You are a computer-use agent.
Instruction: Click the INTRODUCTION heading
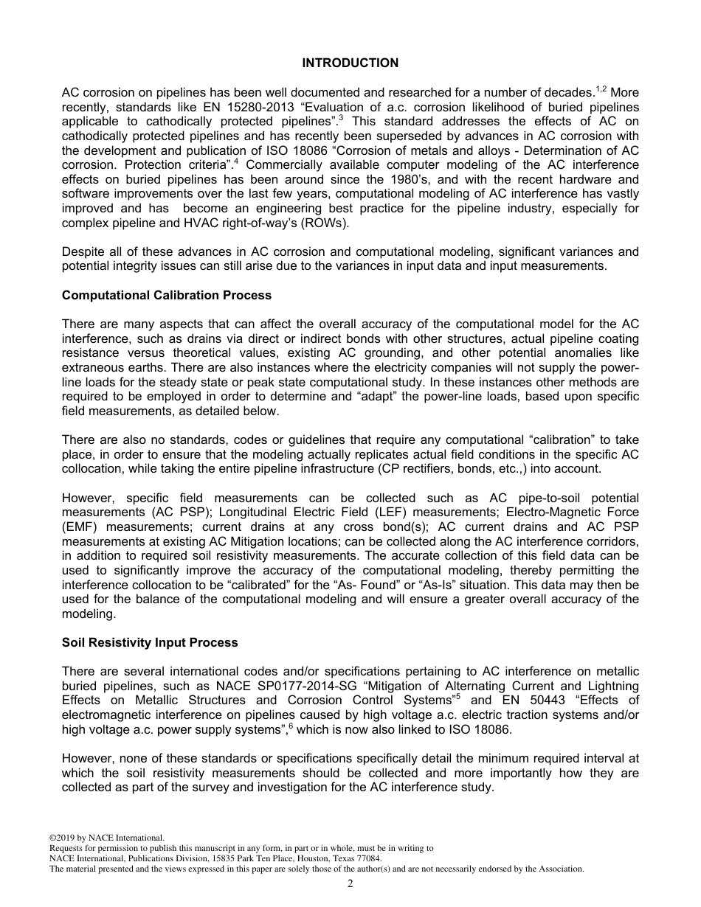[350, 63]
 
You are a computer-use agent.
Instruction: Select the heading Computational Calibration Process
[167, 296]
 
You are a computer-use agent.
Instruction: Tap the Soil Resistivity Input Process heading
[150, 643]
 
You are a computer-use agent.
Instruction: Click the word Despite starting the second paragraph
[84, 252]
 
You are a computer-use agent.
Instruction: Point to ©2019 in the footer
[62, 838]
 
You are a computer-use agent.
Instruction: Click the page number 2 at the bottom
[350, 884]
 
